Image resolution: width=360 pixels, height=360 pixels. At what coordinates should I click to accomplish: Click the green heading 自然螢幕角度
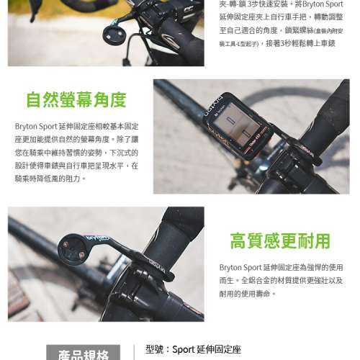(76, 99)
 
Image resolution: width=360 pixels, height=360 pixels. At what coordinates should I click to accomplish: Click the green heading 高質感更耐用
(280, 240)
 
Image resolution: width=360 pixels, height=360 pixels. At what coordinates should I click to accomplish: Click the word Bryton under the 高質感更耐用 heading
(231, 268)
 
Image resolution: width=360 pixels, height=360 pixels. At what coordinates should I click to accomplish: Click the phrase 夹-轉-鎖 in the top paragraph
(231, 4)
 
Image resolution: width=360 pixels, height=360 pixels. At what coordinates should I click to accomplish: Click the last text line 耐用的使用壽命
(248, 294)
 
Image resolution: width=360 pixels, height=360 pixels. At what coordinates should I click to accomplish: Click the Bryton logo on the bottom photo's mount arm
(98, 235)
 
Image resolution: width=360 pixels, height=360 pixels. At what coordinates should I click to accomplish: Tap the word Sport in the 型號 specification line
(185, 349)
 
